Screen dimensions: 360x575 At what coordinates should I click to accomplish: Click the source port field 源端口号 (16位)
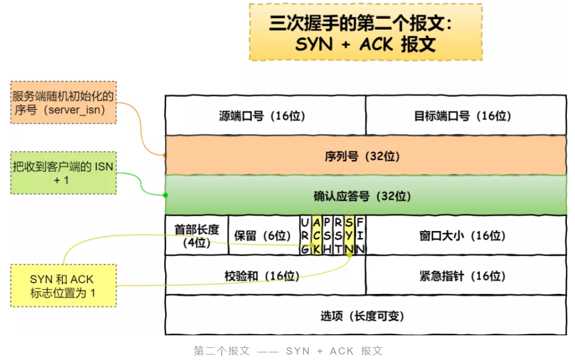tap(265, 115)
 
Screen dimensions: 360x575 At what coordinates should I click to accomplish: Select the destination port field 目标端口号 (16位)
tap(466, 115)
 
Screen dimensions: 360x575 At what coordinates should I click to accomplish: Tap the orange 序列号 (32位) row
tap(365, 156)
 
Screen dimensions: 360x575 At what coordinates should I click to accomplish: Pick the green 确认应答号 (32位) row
tap(365, 195)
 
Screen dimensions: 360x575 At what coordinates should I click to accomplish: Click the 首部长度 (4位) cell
tap(196, 235)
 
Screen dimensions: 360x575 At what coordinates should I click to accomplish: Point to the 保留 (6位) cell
tap(263, 235)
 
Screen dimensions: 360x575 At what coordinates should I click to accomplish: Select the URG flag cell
tap(305, 235)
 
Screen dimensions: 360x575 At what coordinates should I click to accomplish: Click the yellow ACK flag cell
tap(316, 235)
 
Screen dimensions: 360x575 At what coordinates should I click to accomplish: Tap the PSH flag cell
tap(327, 235)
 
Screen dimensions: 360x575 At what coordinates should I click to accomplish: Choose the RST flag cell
tap(338, 235)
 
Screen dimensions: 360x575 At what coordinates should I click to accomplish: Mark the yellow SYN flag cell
tap(349, 235)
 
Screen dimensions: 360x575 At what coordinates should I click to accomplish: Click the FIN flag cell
tap(360, 235)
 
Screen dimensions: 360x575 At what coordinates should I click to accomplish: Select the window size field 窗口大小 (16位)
tap(466, 235)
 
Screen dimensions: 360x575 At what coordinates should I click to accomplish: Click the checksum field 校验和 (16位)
tap(265, 275)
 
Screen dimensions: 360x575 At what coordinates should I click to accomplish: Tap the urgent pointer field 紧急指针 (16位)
tap(466, 275)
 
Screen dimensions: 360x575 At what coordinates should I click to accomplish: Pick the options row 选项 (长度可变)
tap(365, 316)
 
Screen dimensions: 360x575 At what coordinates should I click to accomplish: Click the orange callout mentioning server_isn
tap(63, 103)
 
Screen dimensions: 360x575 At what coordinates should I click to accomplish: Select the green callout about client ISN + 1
tap(63, 173)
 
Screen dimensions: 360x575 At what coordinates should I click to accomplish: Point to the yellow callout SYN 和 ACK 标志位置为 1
tap(63, 285)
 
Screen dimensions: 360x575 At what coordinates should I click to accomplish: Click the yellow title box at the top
tap(365, 32)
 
